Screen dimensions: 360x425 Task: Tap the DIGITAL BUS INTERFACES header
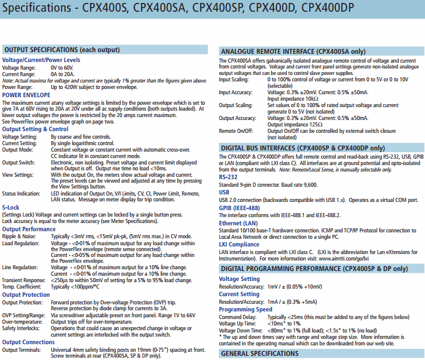click(303, 148)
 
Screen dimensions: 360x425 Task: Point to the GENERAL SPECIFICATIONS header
click(260, 354)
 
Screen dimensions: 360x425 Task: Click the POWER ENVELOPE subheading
click(26, 94)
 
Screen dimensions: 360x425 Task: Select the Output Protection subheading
click(26, 294)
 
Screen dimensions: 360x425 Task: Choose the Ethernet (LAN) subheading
click(238, 223)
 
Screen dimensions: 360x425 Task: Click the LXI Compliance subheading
click(239, 245)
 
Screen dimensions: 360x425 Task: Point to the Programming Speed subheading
click(245, 309)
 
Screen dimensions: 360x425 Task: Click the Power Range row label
click(18, 87)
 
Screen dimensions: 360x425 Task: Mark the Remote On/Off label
click(237, 131)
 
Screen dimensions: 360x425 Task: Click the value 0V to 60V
click(63, 68)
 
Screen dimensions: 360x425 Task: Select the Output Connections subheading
click(29, 342)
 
